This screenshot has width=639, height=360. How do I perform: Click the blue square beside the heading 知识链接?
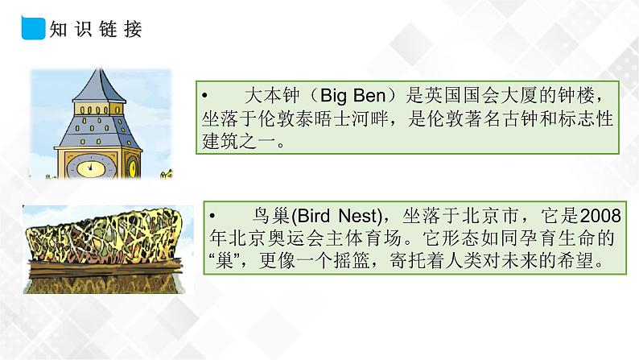30,31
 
